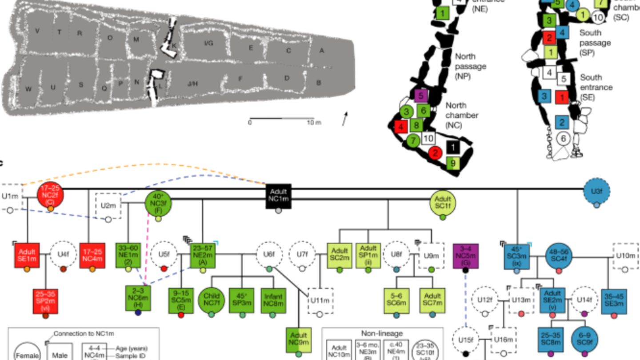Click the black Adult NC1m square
(x=279, y=196)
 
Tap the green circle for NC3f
(x=158, y=203)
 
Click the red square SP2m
(x=45, y=300)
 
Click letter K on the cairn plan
(x=174, y=45)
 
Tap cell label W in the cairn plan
(x=28, y=89)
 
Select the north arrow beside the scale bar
(x=345, y=119)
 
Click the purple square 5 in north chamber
(x=420, y=95)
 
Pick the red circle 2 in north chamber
(x=436, y=152)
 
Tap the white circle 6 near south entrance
(x=563, y=139)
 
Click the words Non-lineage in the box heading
(x=382, y=334)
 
